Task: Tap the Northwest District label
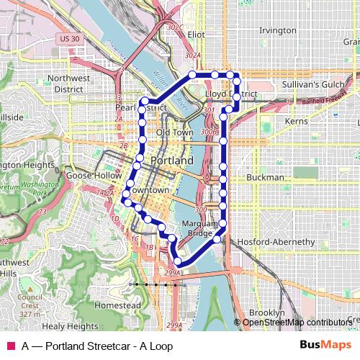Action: point(88,83)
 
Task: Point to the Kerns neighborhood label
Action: point(296,122)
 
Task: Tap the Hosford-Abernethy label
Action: point(276,242)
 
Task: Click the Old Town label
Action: point(175,133)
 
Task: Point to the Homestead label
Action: point(117,305)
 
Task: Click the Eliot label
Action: point(196,34)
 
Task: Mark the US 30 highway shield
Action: point(69,37)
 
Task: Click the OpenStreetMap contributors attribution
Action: point(297,323)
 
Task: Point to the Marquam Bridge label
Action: point(198,228)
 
